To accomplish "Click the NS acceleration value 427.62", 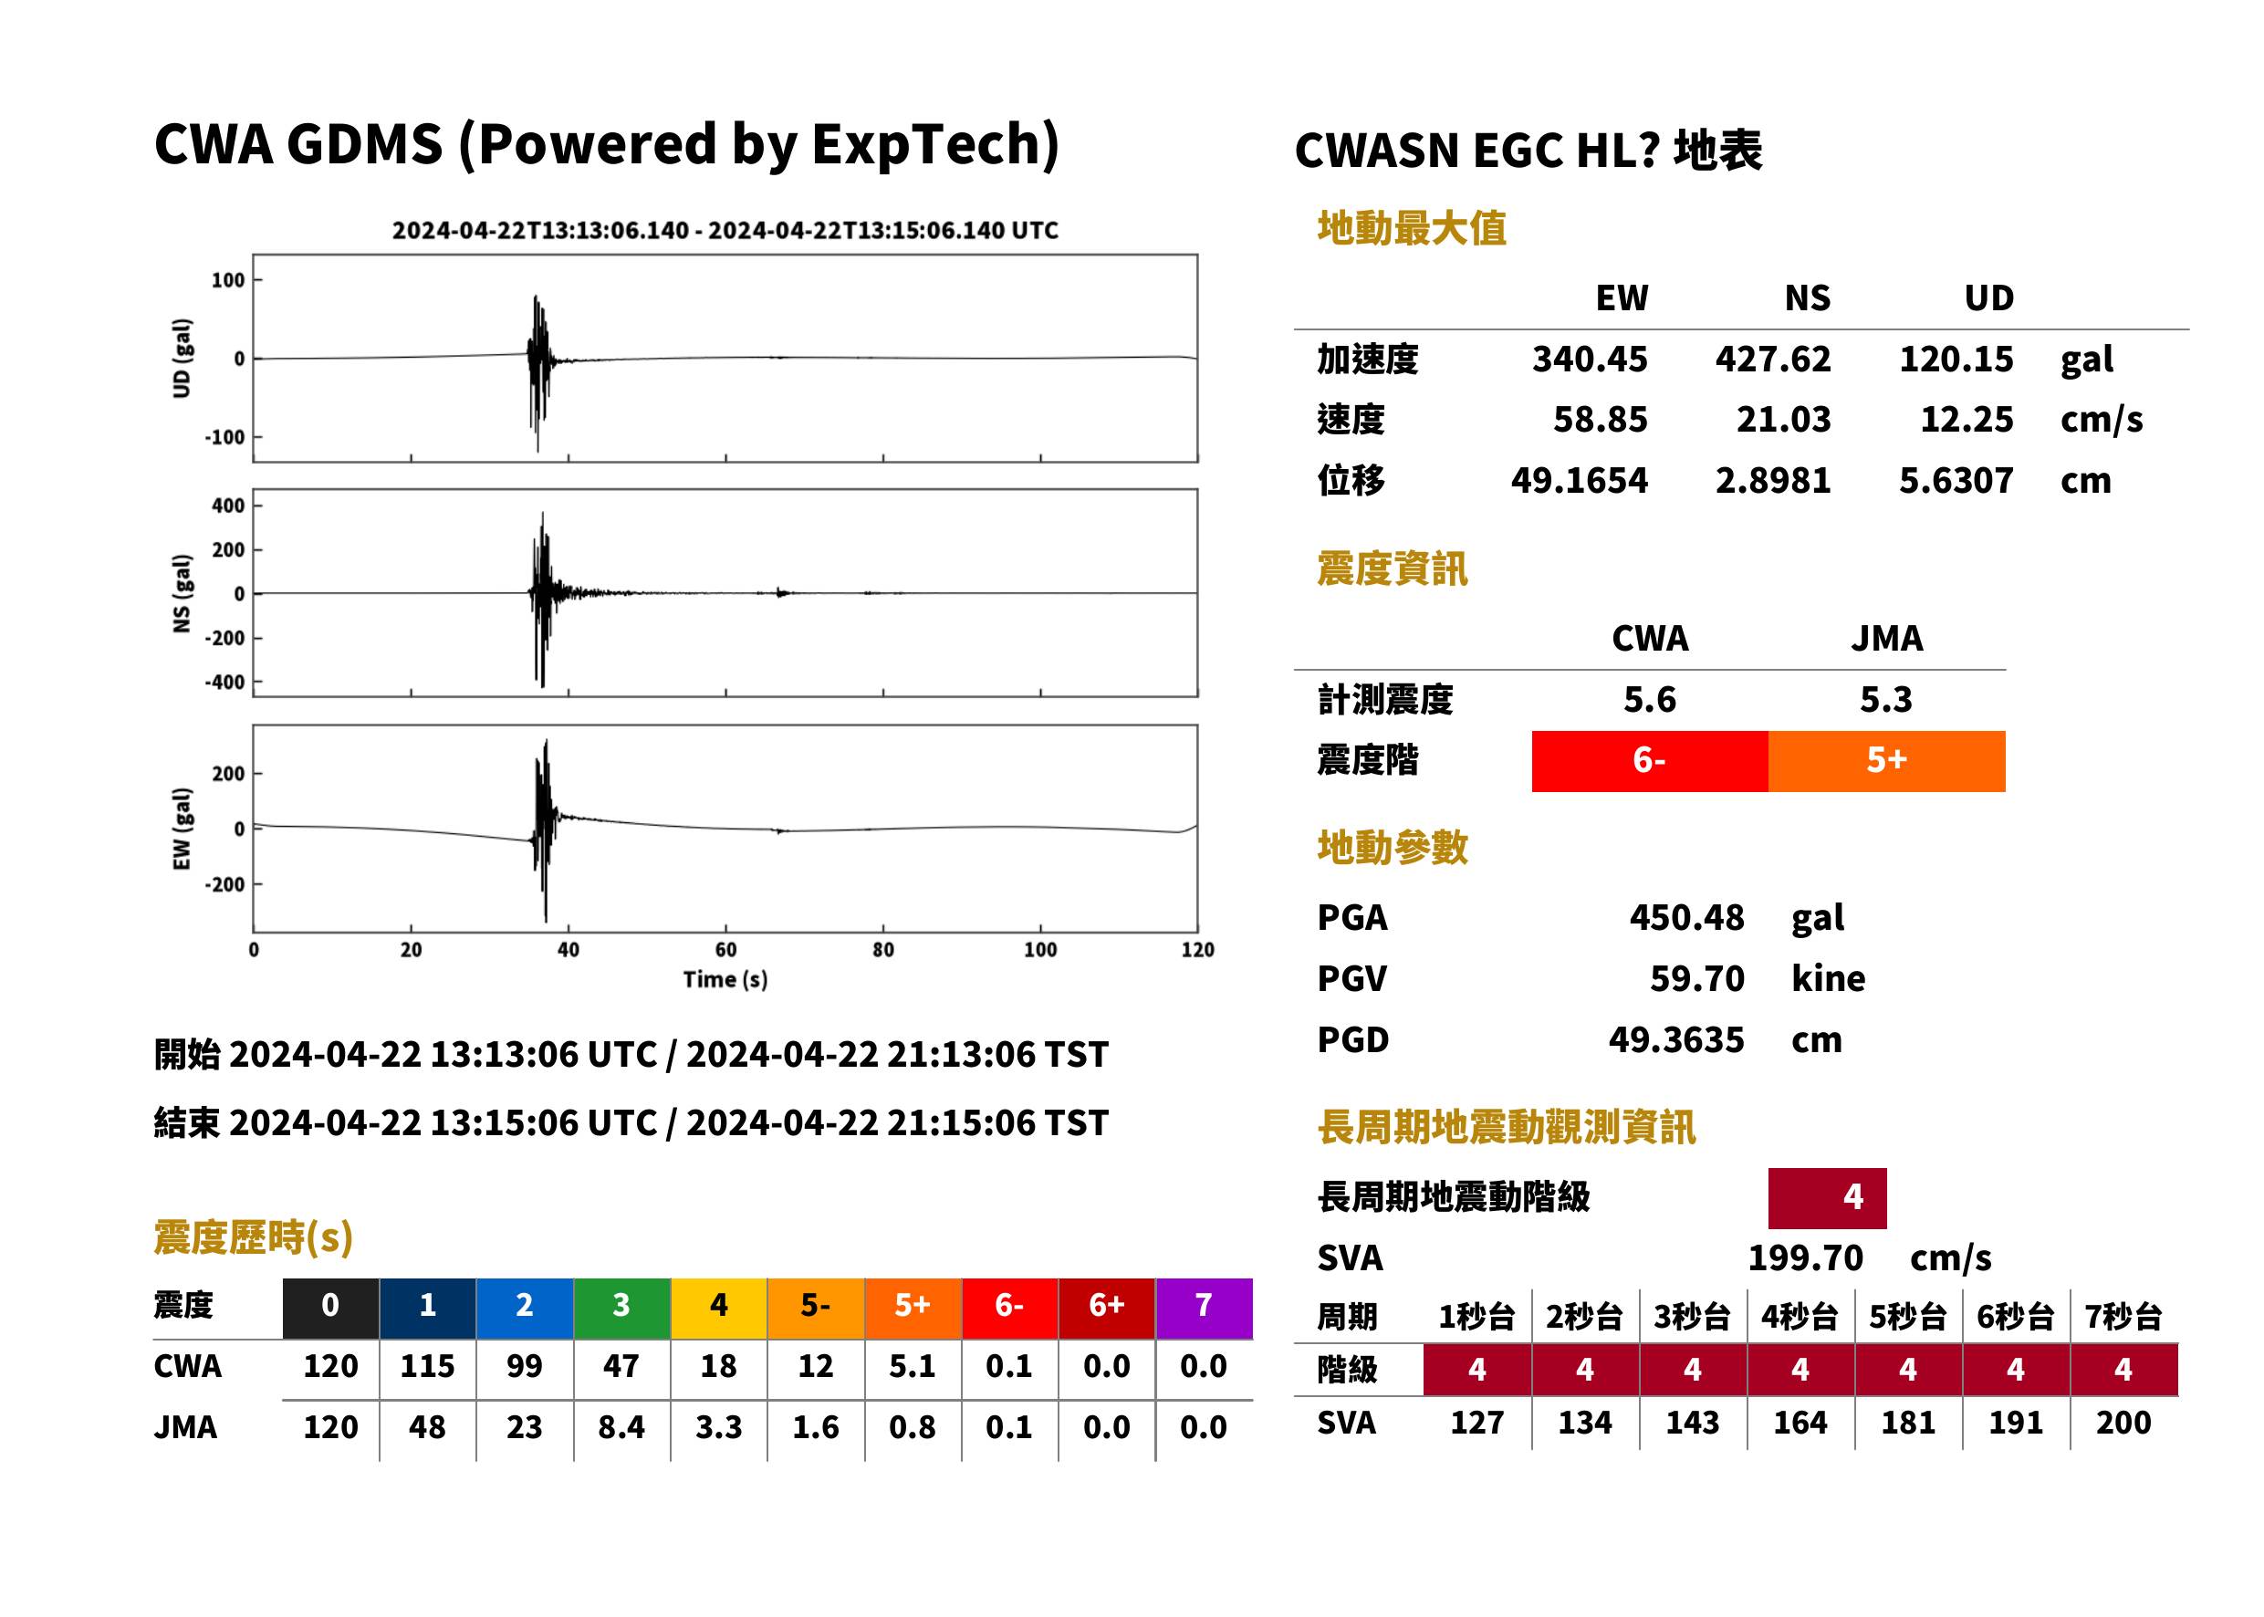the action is pos(1772,359).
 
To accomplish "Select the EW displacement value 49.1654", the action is pos(1579,480).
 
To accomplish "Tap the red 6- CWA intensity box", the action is pos(1650,761).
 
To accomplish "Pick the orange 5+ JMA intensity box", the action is pos(1887,761).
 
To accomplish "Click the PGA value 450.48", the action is pos(1686,917).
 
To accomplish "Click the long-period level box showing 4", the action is pos(1827,1198).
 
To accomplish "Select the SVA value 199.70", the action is pos(1805,1257).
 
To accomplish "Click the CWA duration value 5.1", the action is pos(912,1366).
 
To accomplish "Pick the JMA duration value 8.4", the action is pos(621,1427).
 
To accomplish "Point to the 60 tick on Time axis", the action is pos(725,950).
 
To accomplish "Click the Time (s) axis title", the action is pos(725,980).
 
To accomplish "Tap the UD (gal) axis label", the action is pos(182,359).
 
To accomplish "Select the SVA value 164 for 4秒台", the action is pos(1800,1423).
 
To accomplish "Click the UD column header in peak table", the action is pos(1989,297).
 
